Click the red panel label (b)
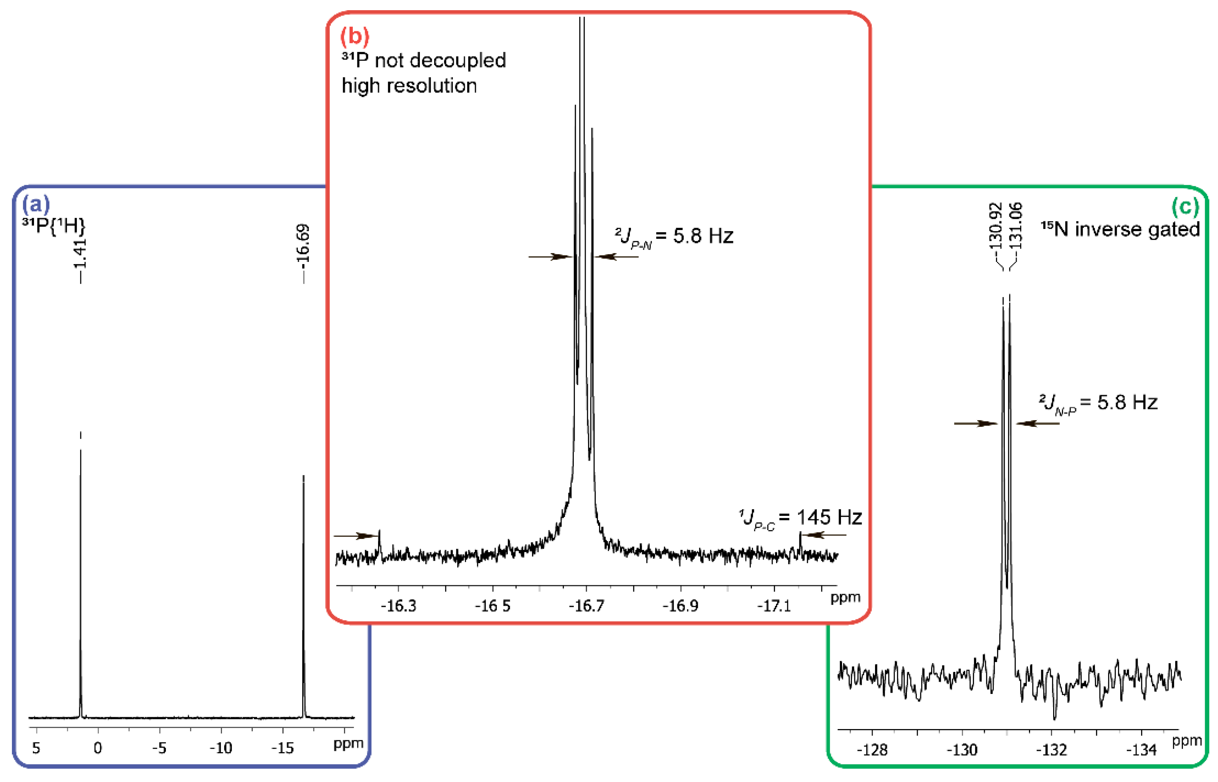point(354,36)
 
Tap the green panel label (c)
point(1184,206)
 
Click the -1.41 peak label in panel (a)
point(80,254)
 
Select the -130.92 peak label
point(996,227)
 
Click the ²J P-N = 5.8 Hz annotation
point(674,237)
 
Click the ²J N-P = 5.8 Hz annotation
point(1098,404)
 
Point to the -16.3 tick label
point(398,606)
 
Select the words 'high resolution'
point(409,86)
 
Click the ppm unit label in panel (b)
point(845,598)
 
